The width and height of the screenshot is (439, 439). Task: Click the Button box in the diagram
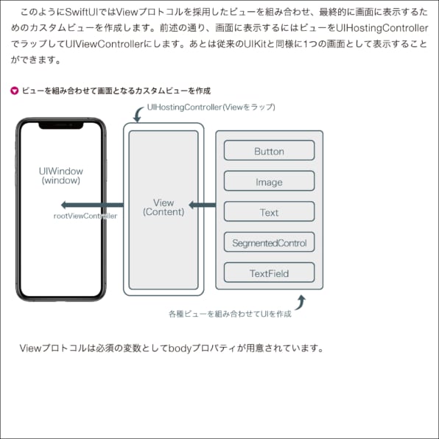(269, 150)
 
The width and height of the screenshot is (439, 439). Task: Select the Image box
(269, 181)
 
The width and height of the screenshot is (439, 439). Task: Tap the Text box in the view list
(269, 211)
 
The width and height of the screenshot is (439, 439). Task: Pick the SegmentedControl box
(269, 242)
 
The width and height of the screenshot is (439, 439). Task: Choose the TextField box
(269, 273)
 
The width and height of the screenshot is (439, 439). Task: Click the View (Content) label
(164, 207)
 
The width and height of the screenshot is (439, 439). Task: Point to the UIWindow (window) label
(60, 175)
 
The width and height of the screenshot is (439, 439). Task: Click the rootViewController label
(85, 216)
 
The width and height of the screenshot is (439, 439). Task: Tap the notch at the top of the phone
(60, 125)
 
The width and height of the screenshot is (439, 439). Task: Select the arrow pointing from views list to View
(202, 205)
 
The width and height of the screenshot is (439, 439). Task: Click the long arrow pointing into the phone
(92, 205)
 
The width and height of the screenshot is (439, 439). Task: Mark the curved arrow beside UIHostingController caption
(138, 114)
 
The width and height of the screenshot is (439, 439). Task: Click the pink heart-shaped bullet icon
(14, 91)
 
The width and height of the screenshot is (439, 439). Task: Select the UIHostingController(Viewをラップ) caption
(211, 108)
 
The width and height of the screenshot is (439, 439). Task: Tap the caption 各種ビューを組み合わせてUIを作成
(230, 314)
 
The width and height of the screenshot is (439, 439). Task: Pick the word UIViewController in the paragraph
(104, 44)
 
